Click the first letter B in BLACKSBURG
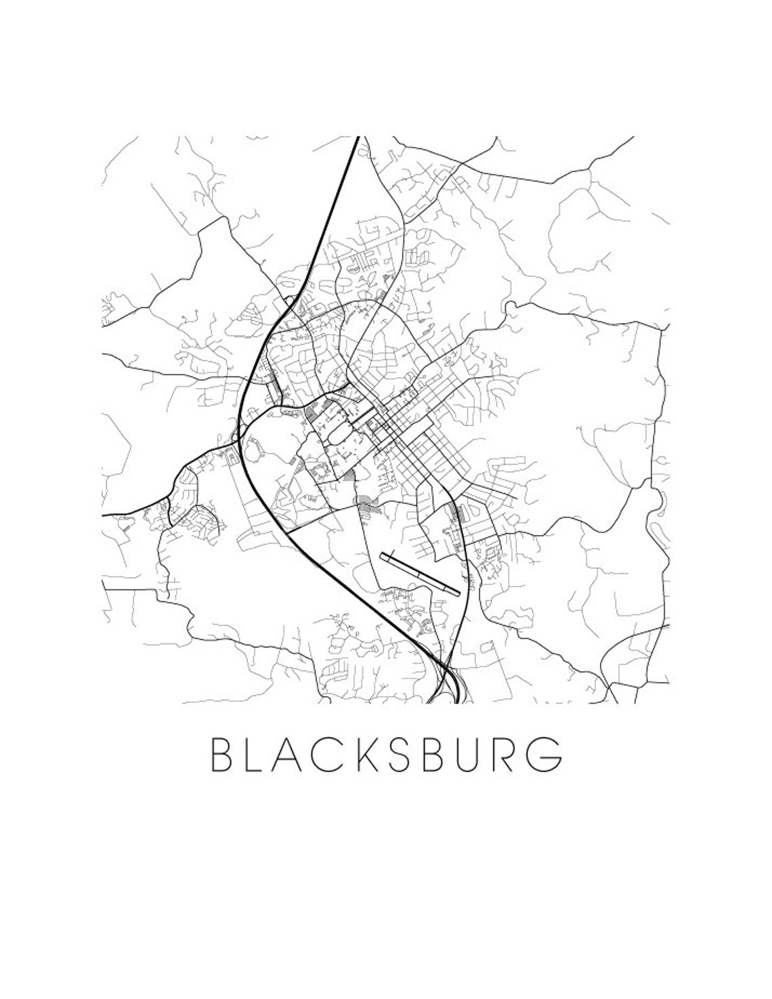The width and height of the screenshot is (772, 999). pyautogui.click(x=221, y=752)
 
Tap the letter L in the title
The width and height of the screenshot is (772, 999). pyautogui.click(x=258, y=752)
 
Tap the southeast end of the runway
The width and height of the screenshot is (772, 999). pyautogui.click(x=459, y=593)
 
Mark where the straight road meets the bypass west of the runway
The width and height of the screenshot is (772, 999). pyautogui.click(x=290, y=531)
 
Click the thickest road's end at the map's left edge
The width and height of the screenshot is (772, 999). pyautogui.click(x=103, y=515)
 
